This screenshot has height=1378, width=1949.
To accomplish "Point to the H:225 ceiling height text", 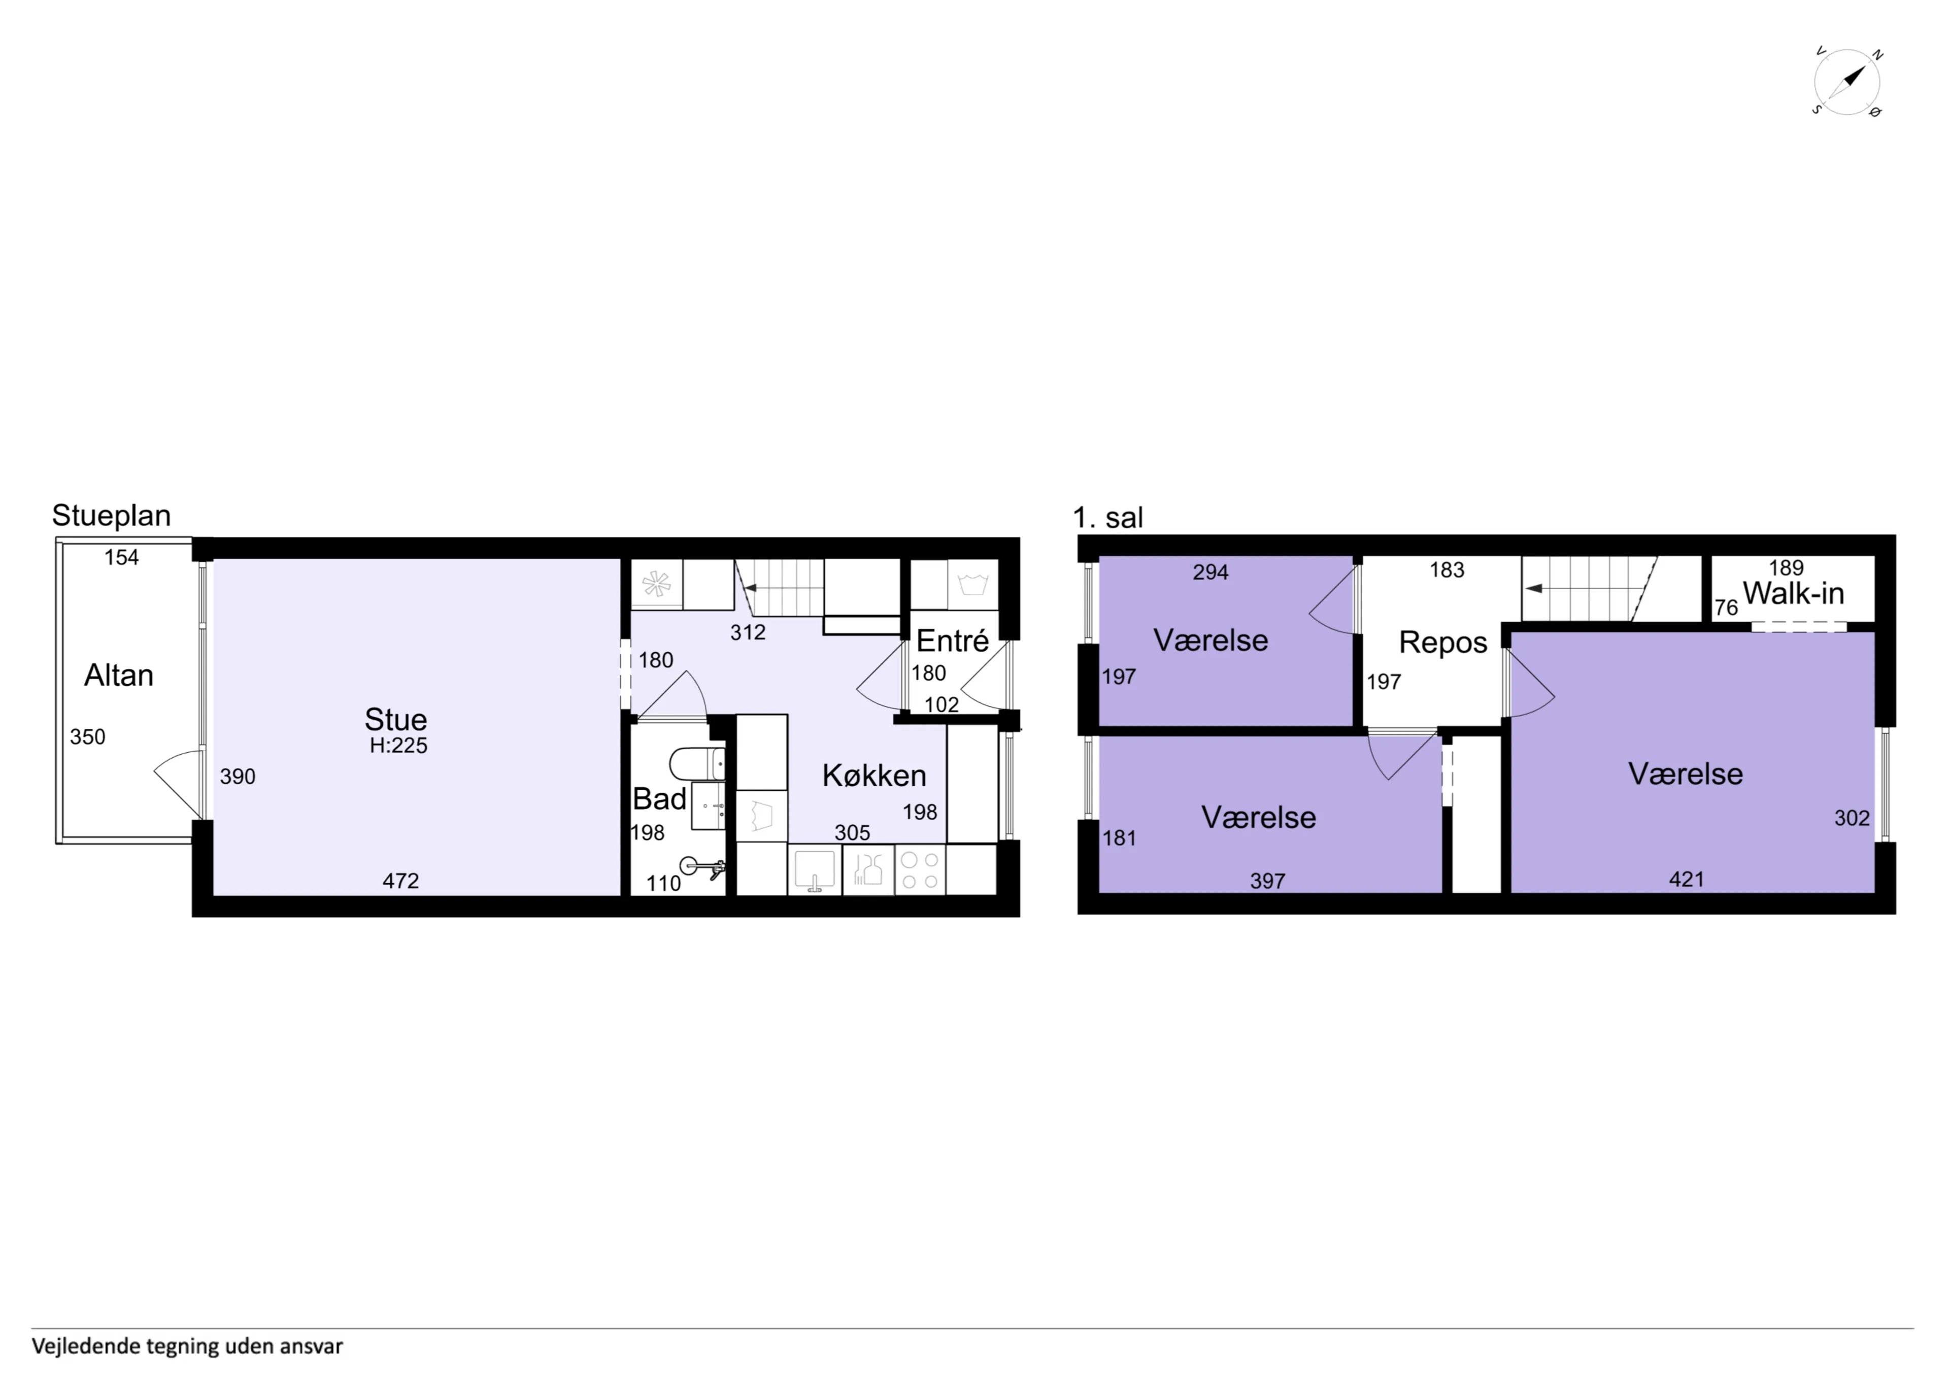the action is (398, 746).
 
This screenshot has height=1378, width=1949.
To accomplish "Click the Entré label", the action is (953, 641).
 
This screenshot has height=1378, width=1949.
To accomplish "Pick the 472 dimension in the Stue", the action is (400, 881).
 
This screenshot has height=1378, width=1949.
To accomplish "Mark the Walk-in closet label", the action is (1793, 593).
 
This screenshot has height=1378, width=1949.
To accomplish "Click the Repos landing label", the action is (1443, 643).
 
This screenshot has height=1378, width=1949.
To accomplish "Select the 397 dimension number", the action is (1267, 881).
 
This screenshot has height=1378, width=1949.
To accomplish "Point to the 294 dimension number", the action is (1211, 572).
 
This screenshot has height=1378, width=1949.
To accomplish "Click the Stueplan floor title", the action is (111, 515).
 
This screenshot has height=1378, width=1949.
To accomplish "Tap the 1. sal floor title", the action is (1108, 517).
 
